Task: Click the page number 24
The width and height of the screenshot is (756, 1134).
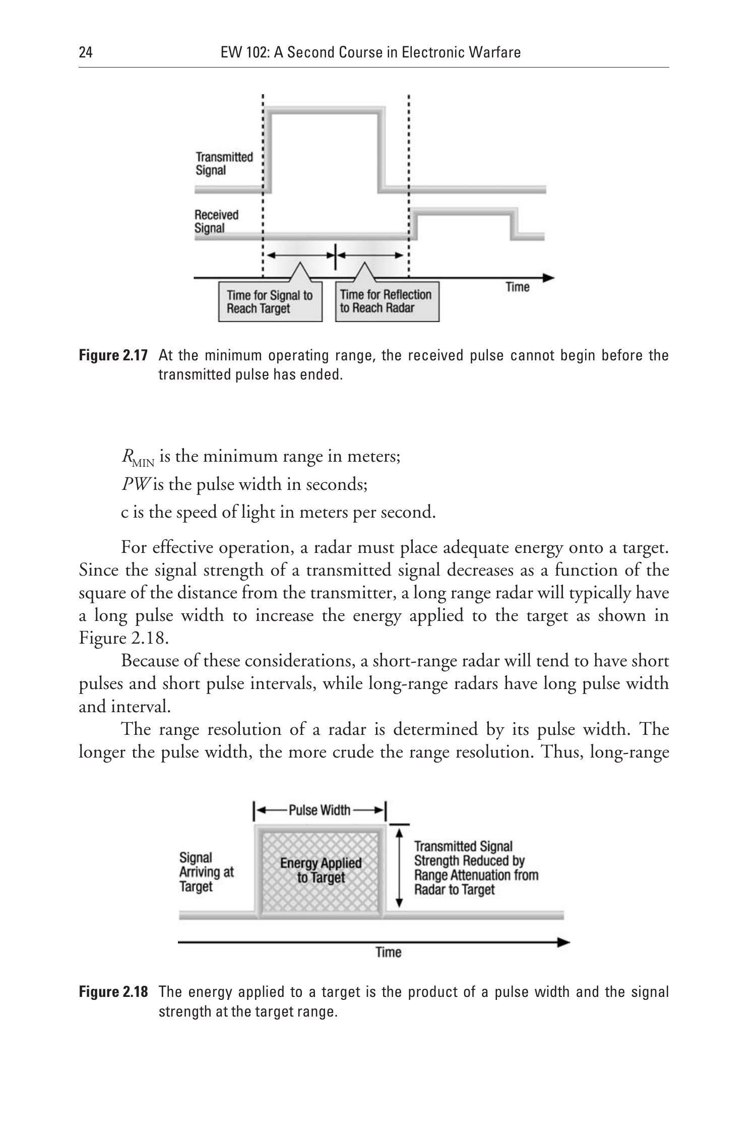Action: [86, 52]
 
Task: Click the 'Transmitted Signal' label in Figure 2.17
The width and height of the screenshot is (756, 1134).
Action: [224, 163]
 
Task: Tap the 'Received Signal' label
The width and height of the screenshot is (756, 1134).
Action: [216, 221]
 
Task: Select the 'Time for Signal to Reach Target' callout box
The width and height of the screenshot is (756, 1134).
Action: [270, 302]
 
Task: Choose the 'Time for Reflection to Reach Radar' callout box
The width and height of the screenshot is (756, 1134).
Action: [387, 301]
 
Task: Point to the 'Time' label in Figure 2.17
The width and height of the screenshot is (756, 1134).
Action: [517, 287]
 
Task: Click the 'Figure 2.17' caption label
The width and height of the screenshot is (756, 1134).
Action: [113, 356]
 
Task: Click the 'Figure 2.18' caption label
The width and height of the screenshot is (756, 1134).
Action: [113, 992]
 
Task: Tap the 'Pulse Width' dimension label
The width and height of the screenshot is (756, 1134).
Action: [320, 810]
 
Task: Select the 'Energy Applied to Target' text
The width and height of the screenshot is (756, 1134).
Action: [321, 870]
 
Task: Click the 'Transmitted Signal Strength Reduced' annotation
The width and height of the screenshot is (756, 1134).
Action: [476, 867]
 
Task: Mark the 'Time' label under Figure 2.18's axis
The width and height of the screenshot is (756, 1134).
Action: [388, 952]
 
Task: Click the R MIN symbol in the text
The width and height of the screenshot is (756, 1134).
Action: [137, 457]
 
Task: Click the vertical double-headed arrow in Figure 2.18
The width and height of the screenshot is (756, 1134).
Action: [400, 868]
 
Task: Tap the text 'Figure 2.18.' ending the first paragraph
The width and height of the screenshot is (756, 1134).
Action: [123, 638]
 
